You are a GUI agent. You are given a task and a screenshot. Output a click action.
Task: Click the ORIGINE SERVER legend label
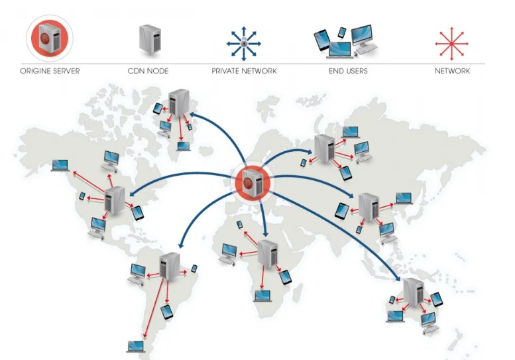pyautogui.click(x=50, y=71)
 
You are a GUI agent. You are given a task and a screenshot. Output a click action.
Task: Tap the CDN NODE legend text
pyautogui.click(x=148, y=71)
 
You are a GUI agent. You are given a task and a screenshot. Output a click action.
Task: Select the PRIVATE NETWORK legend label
pyautogui.click(x=244, y=71)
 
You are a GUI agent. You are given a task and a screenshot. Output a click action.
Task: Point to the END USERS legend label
pyautogui.click(x=347, y=71)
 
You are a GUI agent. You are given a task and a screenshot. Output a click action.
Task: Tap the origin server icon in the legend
pyautogui.click(x=50, y=38)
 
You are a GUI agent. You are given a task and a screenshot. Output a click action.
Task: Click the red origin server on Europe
pyautogui.click(x=253, y=182)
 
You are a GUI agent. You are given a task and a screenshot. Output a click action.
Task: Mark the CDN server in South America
pyautogui.click(x=170, y=266)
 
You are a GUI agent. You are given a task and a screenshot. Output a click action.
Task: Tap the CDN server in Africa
pyautogui.click(x=267, y=253)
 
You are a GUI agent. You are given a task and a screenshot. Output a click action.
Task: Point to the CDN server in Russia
pyautogui.click(x=324, y=148)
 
